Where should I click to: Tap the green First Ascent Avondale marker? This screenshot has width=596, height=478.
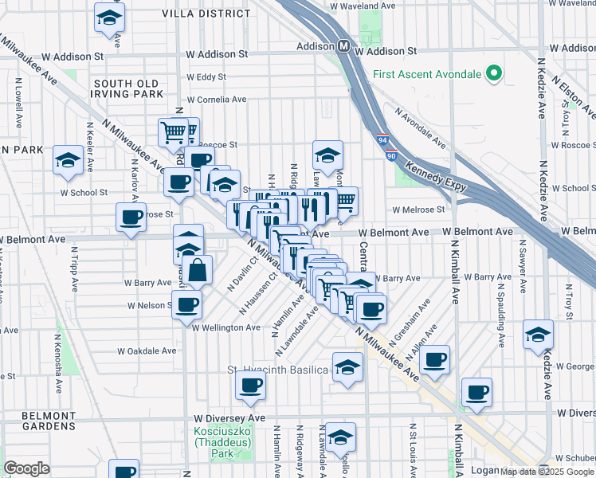tap(493, 75)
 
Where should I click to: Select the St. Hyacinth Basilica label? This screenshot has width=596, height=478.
tap(277, 370)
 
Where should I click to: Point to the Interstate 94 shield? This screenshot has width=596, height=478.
tap(382, 139)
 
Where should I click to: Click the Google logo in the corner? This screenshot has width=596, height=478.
tap(27, 468)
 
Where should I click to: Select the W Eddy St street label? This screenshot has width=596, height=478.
tap(206, 77)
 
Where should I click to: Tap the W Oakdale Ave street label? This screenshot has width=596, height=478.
tap(147, 351)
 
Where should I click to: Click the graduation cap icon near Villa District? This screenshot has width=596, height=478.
tap(109, 18)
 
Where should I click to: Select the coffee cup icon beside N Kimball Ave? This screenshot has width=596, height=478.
tap(476, 393)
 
